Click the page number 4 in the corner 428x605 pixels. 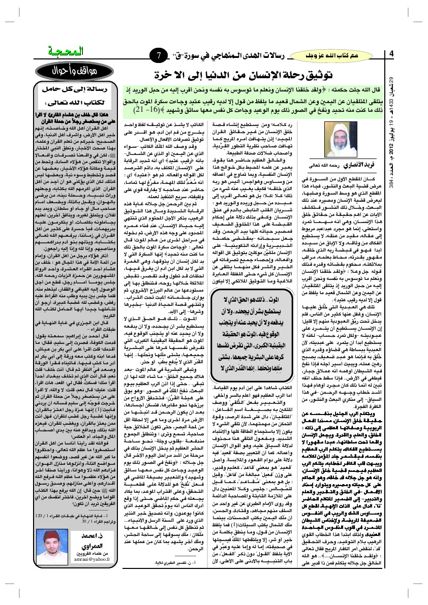tap(391, 54)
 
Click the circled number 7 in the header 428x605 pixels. tap(158, 54)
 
